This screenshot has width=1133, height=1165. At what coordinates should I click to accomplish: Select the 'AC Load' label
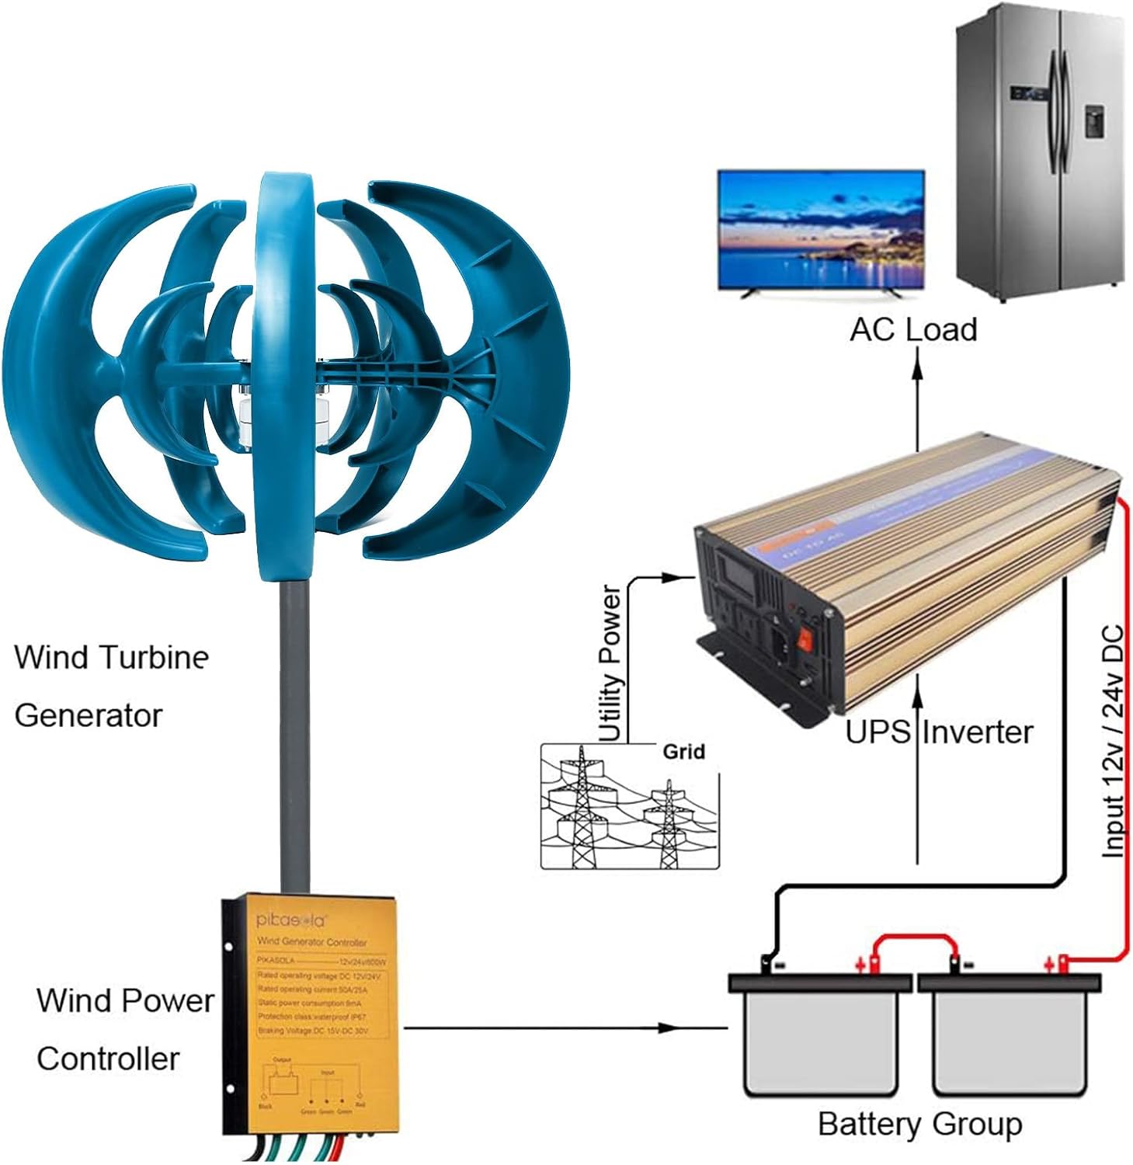pos(913,330)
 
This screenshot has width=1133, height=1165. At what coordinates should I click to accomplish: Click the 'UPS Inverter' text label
pos(939,732)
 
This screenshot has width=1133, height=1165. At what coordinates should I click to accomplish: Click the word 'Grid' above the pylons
pos(683,752)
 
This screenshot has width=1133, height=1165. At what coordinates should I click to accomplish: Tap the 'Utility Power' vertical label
pos(610,664)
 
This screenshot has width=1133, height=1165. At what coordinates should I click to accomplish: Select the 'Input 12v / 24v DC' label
pos(1113,742)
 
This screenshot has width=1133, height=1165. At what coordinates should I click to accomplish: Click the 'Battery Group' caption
pos(919,1124)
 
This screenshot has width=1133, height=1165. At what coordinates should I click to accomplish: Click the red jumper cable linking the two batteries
pos(914,940)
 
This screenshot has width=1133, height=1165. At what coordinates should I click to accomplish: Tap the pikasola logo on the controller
pos(292,920)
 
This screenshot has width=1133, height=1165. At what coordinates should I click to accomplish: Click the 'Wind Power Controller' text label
pos(124,1029)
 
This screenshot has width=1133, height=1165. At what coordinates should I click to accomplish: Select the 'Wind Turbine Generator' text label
pos(110,686)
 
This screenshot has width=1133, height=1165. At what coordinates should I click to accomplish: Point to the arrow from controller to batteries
pos(544,1028)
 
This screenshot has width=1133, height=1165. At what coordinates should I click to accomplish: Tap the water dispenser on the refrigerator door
pos(1093,120)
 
